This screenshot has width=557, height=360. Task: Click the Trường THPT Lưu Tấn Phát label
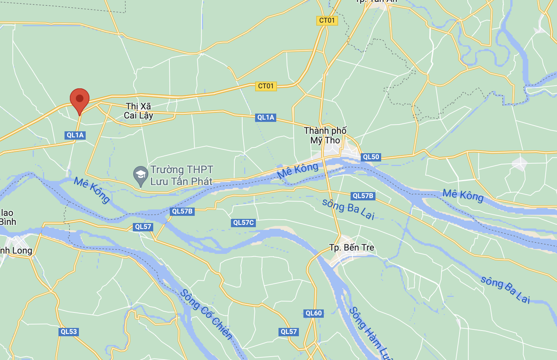pos(182,175)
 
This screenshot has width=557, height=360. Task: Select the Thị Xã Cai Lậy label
pos(138,111)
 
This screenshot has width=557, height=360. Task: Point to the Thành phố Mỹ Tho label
pos(325,135)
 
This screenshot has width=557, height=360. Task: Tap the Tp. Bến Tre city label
pos(352,248)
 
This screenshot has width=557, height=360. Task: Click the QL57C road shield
pos(243,223)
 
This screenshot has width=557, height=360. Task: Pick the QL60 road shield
pos(314,313)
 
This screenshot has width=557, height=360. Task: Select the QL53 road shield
pos(69,332)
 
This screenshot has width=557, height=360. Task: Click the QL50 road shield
pos(371,157)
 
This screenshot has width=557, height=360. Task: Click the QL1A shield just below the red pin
pos(75,135)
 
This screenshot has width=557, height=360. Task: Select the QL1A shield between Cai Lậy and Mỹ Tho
pos(266,117)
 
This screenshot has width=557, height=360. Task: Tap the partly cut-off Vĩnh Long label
pos(16,251)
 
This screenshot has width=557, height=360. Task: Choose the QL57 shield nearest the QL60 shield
pos(289,332)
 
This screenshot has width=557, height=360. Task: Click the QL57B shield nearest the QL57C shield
pos(182,211)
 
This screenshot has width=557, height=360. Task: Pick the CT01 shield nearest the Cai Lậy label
pos(266,86)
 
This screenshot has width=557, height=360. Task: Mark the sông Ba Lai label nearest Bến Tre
pos(348,209)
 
